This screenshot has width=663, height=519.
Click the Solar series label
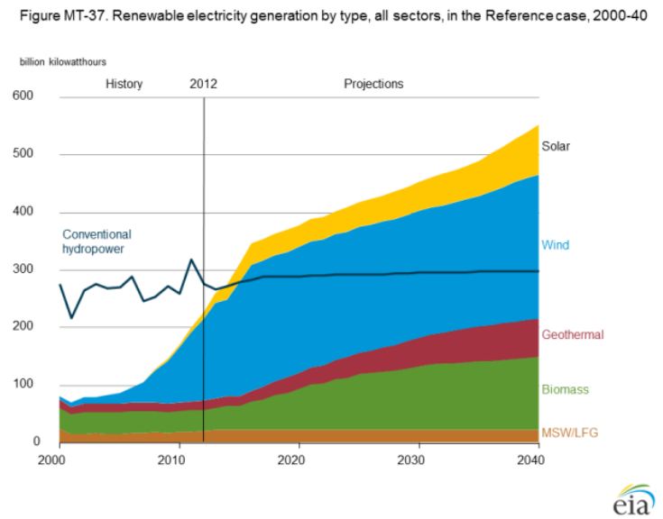[x=556, y=145]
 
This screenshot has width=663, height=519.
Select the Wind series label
[x=554, y=244]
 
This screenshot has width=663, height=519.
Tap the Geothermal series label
[x=569, y=335]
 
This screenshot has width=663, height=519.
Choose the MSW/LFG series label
[x=568, y=433]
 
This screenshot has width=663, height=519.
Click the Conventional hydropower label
[x=97, y=239]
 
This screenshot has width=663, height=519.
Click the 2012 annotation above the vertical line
[x=204, y=84]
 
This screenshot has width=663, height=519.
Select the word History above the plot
[x=124, y=84]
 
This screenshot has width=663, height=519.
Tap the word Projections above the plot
[x=373, y=84]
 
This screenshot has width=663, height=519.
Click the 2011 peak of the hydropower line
[x=191, y=259]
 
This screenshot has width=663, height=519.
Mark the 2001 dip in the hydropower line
[x=71, y=318]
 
